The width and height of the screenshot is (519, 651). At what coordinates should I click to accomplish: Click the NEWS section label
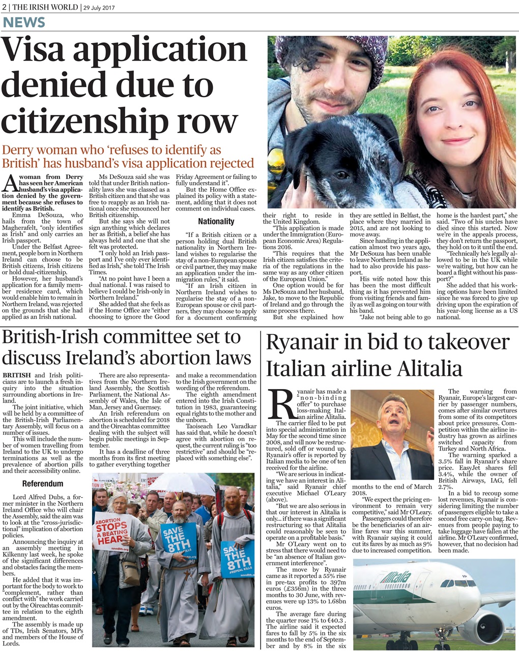click(24, 22)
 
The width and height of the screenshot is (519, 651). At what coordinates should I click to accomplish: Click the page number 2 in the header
click(5, 7)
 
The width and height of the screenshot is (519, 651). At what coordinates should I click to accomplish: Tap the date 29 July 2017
click(101, 7)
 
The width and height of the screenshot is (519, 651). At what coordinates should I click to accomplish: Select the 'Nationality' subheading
click(216, 221)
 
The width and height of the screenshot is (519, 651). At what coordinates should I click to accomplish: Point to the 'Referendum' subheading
click(43, 483)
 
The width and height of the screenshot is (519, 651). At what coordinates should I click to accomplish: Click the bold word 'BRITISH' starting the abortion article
click(16, 375)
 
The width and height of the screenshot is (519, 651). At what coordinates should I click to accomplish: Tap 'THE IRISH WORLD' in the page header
click(45, 7)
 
